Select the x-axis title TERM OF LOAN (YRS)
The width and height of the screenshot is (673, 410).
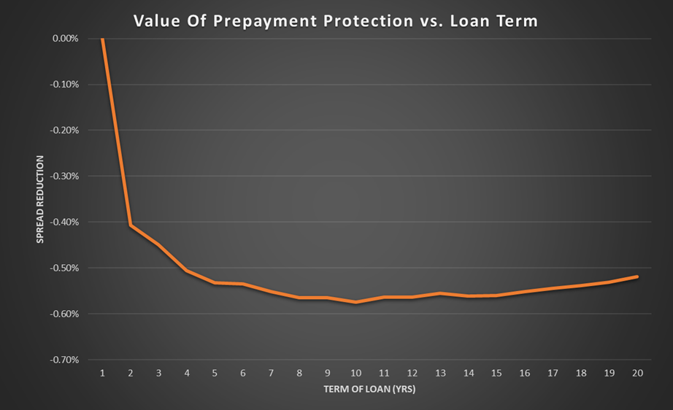point(369,390)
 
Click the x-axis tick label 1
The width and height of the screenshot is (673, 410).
point(102,373)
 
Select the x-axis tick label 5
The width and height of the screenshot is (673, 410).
point(215,373)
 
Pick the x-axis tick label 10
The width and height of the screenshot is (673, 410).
point(355,373)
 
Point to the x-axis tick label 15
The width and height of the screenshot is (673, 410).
point(496,373)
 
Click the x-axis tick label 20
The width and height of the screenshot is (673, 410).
point(637,373)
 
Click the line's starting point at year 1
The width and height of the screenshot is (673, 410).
point(102,39)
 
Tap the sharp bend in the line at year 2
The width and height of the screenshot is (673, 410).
point(131,225)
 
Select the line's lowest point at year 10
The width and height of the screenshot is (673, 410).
point(355,302)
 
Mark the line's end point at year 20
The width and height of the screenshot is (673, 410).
point(637,276)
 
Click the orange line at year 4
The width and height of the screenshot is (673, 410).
point(187,271)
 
